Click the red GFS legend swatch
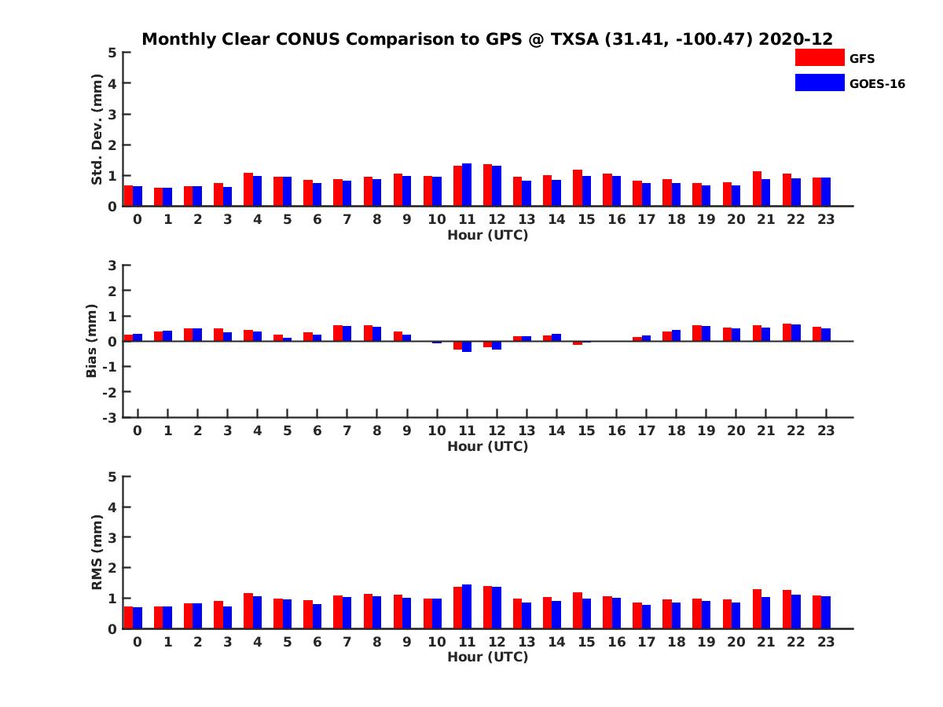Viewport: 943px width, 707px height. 819,57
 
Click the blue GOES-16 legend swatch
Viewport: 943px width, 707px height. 819,82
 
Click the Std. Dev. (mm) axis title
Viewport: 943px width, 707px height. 97,130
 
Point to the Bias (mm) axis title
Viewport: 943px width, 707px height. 92,341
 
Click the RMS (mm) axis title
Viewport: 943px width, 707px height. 97,552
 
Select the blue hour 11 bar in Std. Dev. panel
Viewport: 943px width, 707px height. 467,185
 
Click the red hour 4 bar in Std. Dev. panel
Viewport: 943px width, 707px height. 248,189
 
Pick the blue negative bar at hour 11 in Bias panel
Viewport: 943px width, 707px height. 467,346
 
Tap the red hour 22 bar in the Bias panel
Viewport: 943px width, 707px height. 787,332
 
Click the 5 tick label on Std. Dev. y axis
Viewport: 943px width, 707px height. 113,53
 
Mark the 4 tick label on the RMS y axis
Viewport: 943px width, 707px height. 113,507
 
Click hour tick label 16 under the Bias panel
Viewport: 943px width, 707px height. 616,430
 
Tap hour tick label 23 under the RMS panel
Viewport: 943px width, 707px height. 825,642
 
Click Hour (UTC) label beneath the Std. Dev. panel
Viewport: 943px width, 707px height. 487,235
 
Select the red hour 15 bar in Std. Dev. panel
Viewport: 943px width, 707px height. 578,188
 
